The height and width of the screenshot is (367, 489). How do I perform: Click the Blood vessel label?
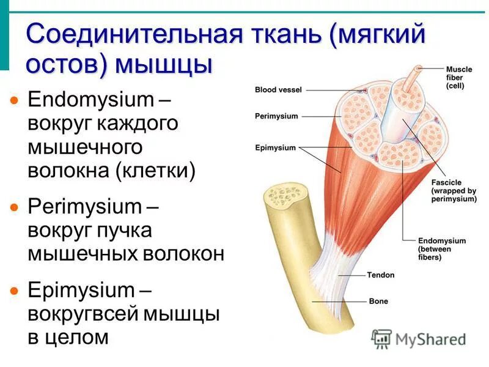278,90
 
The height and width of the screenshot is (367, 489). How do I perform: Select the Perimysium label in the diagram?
276,116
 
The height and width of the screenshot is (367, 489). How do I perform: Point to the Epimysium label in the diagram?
275,147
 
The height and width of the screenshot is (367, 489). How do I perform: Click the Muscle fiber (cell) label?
458,78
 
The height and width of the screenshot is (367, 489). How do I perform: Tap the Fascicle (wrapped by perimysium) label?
453,191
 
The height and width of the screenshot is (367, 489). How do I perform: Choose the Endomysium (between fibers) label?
441,249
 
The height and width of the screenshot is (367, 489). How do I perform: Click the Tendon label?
381,275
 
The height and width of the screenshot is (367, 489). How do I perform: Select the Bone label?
378,302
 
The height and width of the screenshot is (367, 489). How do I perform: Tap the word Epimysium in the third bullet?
81,290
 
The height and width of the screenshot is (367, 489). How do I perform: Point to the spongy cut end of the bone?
282,198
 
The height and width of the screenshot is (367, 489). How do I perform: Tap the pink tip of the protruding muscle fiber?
419,69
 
